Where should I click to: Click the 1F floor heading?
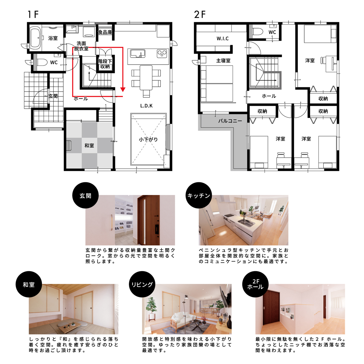[x=33, y=15]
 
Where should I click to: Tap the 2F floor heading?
[x=200, y=15]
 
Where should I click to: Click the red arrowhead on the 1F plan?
[x=123, y=89]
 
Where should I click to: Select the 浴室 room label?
[x=53, y=38]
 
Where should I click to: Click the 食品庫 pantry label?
[x=105, y=32]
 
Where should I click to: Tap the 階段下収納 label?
[x=105, y=64]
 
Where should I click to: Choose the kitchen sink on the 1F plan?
[x=137, y=53]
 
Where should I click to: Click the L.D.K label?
[x=147, y=106]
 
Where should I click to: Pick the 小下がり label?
[x=148, y=140]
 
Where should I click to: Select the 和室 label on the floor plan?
[x=89, y=146]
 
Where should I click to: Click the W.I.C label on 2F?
[x=223, y=39]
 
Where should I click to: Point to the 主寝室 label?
[x=223, y=61]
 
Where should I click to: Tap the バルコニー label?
[x=230, y=121]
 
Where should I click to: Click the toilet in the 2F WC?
[x=258, y=32]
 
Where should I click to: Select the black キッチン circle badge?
[x=198, y=195]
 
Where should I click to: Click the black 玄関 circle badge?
[x=86, y=195]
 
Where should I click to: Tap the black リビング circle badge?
[x=142, y=285]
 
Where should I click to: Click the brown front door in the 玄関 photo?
[x=148, y=220]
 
